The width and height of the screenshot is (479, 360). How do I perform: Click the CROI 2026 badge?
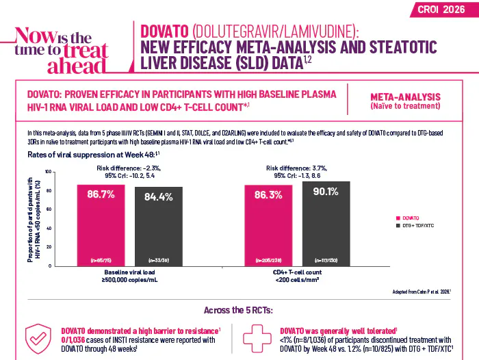(443, 9)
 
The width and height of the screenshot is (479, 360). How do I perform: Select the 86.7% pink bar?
(101, 224)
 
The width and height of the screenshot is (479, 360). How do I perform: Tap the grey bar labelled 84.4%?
(158, 226)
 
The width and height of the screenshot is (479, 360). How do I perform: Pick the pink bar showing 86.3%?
(269, 224)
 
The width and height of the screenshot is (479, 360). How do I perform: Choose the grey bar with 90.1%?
(326, 223)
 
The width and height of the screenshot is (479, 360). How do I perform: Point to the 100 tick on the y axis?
(47, 171)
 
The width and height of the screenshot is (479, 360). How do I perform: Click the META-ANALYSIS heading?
(410, 97)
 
